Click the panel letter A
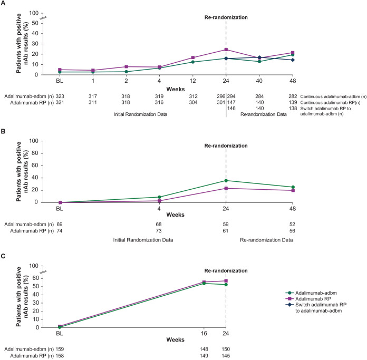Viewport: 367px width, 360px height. coord(4,4)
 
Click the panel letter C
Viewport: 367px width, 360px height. coord(4,258)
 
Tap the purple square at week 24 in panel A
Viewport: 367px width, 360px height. coord(226,50)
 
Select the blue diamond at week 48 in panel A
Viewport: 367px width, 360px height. coord(293,60)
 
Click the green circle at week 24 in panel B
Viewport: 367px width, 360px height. coord(226,180)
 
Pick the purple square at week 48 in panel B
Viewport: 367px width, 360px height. coord(293,190)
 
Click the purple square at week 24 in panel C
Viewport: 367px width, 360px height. coord(226,281)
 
